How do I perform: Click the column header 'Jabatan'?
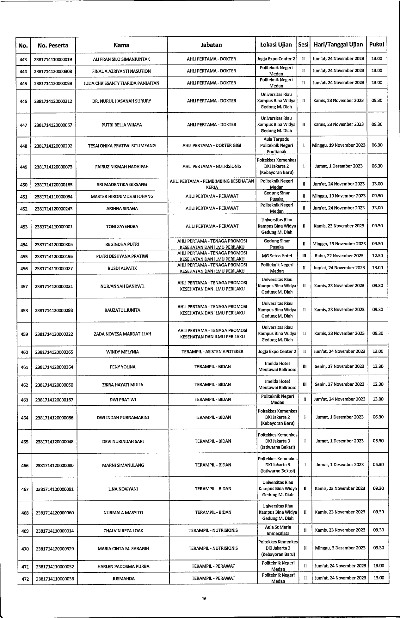click(211, 45)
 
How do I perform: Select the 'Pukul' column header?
click(377, 45)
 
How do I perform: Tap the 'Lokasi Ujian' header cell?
click(276, 45)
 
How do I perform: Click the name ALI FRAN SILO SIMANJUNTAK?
click(121, 59)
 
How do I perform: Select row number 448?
click(23, 146)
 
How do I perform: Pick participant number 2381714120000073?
click(53, 167)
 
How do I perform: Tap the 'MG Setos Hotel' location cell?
click(277, 256)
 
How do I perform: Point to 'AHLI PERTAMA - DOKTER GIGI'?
click(212, 146)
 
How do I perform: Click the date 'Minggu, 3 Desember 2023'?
click(340, 548)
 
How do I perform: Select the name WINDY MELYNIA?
click(122, 352)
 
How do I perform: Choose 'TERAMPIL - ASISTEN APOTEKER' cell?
click(212, 352)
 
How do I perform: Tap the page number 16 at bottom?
click(204, 598)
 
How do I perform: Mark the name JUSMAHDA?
click(123, 578)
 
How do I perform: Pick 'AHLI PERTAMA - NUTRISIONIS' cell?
click(212, 167)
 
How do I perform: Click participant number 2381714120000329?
click(55, 549)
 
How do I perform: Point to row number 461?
click(24, 367)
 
